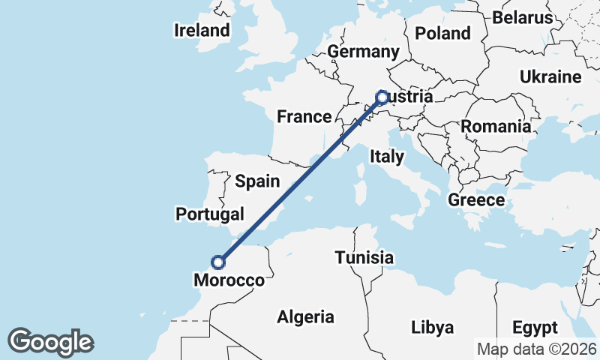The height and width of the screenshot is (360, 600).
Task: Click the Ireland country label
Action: (x=201, y=31)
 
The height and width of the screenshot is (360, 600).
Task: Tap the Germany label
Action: (x=363, y=52)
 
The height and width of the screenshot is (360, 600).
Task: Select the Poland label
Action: (x=442, y=33)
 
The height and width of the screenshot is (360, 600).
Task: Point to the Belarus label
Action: (x=523, y=17)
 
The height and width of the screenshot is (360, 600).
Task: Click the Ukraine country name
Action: (x=550, y=77)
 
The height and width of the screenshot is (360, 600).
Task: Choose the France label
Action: (x=304, y=116)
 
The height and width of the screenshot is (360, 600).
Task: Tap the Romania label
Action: (x=496, y=126)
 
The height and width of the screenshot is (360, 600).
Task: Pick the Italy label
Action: (x=387, y=157)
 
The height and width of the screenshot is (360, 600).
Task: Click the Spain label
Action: (x=257, y=181)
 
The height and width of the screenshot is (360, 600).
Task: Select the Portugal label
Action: (x=210, y=214)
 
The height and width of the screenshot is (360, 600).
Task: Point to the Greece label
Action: (x=476, y=200)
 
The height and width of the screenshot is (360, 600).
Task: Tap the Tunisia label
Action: (x=364, y=258)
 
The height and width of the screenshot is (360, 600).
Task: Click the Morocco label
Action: (x=229, y=280)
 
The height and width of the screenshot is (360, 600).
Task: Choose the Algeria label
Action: (x=305, y=317)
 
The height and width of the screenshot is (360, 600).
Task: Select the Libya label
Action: (x=433, y=328)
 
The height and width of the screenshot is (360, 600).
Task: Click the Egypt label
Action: (x=535, y=328)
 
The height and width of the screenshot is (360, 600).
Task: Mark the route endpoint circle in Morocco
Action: (x=218, y=262)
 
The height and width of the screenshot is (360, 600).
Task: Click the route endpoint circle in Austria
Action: (x=382, y=97)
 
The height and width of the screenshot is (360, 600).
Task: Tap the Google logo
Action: (x=50, y=341)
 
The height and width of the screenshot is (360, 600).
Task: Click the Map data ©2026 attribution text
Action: (x=536, y=349)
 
